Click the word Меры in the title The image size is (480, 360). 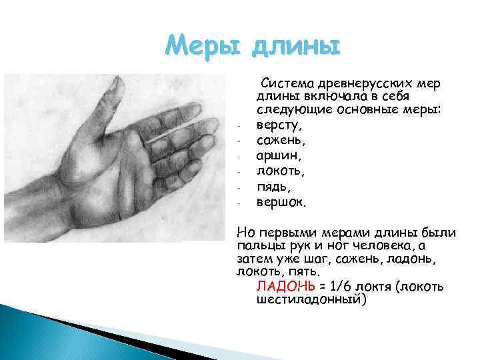tap(203, 47)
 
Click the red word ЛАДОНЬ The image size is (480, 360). tap(285, 287)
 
